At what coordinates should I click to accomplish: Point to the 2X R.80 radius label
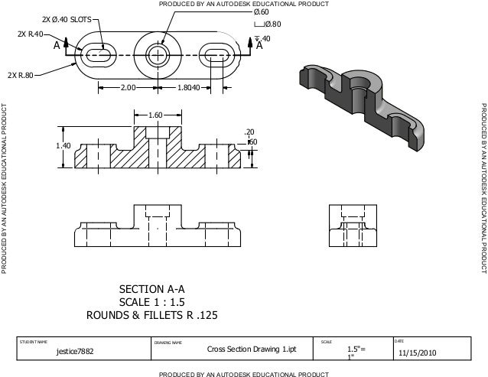click(x=20, y=75)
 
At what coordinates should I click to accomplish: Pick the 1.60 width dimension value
click(x=155, y=116)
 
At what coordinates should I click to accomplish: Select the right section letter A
click(x=260, y=46)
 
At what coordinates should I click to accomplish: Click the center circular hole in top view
click(x=158, y=54)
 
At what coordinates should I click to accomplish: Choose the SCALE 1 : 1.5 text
click(x=153, y=302)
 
